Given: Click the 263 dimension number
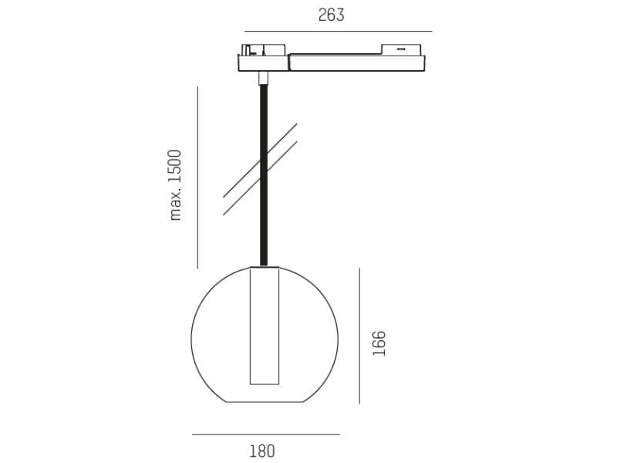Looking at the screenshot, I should (x=331, y=15).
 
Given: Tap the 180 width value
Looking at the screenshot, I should (x=261, y=451).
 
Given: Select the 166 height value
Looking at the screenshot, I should (x=379, y=343).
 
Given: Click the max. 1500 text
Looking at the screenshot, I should (x=176, y=184).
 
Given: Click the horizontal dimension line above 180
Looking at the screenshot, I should (x=265, y=434).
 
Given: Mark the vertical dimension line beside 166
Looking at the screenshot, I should (x=359, y=336).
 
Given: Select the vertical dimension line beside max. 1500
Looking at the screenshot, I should (x=197, y=177).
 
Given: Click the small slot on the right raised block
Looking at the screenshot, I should (x=401, y=49).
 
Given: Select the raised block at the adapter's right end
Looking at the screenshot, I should (x=401, y=49).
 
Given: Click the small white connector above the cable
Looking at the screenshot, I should (x=263, y=77).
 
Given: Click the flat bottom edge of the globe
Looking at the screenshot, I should (x=264, y=402).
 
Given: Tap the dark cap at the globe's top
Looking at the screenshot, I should (x=264, y=267).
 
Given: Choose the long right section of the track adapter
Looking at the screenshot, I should (x=356, y=63).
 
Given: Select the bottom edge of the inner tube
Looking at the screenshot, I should (x=264, y=384).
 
